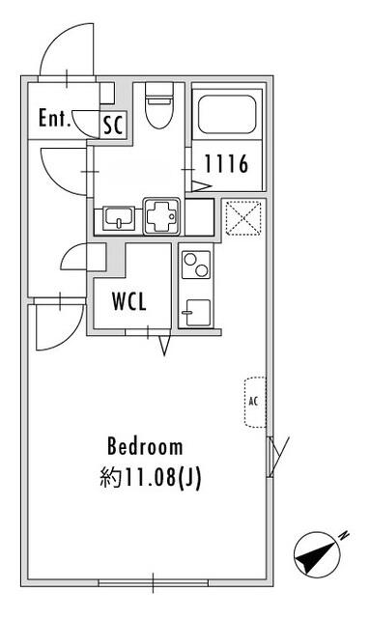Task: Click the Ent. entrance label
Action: point(54,118)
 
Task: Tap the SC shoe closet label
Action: point(114,125)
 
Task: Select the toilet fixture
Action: point(159,105)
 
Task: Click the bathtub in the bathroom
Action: point(227,114)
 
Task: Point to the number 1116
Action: point(226,163)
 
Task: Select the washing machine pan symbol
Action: point(161,216)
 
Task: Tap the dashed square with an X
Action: point(243,218)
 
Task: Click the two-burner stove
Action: point(196,265)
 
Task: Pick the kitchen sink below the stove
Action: point(196,313)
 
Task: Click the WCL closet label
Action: point(129,301)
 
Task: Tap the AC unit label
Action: point(253,402)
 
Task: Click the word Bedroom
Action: point(145,446)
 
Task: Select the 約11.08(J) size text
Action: point(151,478)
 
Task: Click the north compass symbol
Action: point(317,555)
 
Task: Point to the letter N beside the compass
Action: point(344,535)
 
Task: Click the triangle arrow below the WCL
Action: point(165,346)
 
